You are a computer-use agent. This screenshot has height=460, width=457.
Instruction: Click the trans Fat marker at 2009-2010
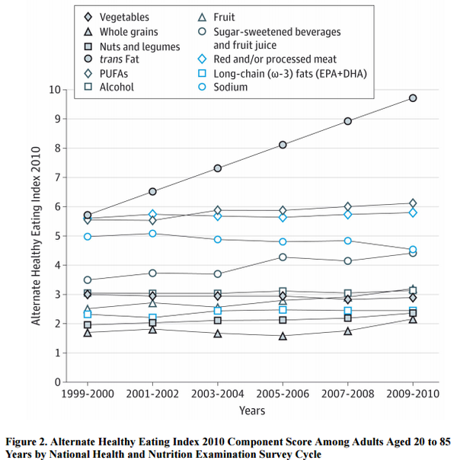coord(413,98)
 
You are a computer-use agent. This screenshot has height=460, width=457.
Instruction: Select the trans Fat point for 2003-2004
coord(218,168)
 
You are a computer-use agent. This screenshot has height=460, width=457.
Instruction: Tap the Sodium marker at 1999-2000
coord(88,237)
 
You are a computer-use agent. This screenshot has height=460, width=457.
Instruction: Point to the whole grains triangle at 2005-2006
coord(283,336)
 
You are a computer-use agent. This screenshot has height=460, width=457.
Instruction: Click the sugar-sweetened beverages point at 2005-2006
coord(283,257)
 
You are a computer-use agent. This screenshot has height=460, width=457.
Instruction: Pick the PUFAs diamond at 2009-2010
coord(413,203)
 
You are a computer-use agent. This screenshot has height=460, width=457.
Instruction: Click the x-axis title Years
coord(251,411)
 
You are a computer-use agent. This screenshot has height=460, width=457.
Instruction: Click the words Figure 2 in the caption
coord(30,442)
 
